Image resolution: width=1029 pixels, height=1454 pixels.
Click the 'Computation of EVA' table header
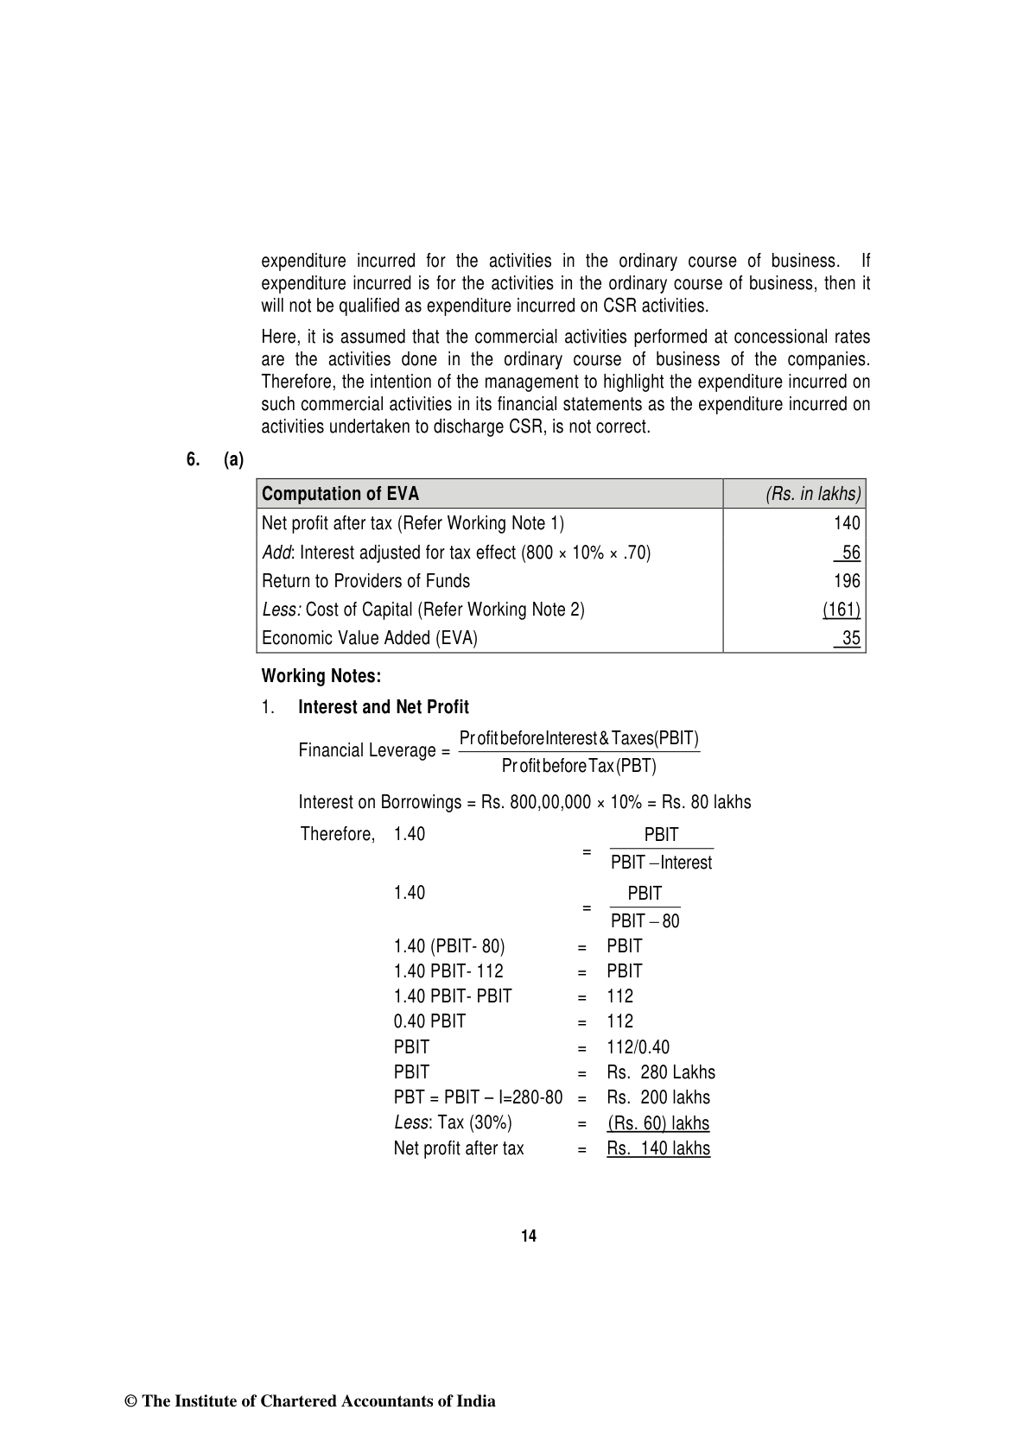[x=340, y=494]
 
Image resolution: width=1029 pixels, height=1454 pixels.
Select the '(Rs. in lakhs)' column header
[x=813, y=494]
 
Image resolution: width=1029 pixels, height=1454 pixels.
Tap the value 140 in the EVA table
[x=847, y=523]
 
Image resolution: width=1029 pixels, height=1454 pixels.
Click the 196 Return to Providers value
[x=847, y=581]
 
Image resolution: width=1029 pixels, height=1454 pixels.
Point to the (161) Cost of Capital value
[x=841, y=610]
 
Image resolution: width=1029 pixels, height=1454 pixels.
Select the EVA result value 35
[x=850, y=638]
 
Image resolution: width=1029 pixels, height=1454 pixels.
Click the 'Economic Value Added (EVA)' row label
[x=369, y=638]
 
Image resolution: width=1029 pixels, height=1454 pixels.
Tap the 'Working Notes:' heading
[x=321, y=675]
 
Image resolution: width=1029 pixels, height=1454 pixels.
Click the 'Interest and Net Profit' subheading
[x=383, y=707]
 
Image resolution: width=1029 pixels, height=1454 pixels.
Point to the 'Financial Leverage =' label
[x=374, y=750]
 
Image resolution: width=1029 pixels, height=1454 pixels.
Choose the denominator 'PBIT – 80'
[x=645, y=921]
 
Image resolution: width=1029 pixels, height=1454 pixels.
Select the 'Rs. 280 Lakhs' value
[x=661, y=1072]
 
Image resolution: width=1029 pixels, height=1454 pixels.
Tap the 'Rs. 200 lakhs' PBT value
[x=658, y=1097]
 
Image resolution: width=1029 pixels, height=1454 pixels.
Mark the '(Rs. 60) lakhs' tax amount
[x=658, y=1123]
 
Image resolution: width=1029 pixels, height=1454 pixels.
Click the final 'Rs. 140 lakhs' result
[x=658, y=1148]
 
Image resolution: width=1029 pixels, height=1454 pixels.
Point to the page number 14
[x=529, y=1236]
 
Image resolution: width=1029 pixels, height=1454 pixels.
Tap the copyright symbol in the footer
[x=131, y=1401]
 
